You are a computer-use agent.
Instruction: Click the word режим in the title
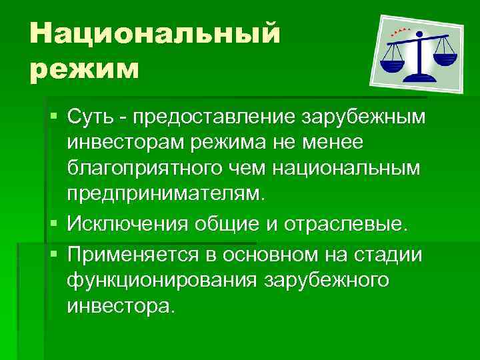(84, 68)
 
